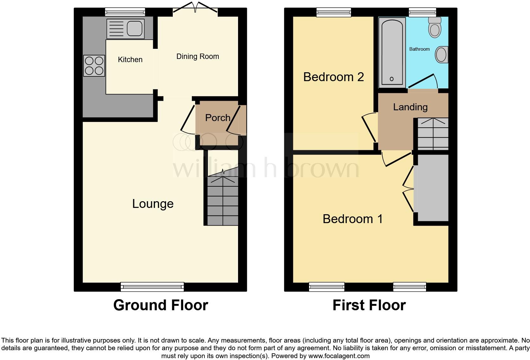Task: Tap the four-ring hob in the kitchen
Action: click(94, 66)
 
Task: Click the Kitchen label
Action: click(130, 60)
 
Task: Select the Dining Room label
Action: click(197, 56)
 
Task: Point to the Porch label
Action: click(217, 118)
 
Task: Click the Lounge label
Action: click(153, 203)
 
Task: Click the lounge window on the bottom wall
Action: click(152, 287)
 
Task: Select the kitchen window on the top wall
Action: click(125, 12)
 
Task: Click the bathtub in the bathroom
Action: click(392, 52)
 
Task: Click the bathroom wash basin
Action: click(441, 55)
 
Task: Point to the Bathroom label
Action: click(419, 49)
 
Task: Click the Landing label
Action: click(410, 107)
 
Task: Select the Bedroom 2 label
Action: click(333, 77)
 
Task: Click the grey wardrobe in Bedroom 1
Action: click(431, 188)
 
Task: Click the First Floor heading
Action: click(369, 305)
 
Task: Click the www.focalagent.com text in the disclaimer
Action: click(339, 356)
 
